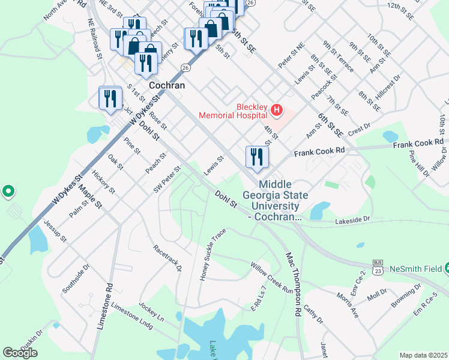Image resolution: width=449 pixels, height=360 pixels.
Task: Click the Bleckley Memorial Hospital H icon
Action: [x=277, y=109]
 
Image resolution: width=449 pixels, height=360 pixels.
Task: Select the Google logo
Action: [x=20, y=352]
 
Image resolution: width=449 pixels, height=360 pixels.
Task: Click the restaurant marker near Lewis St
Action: [x=257, y=157]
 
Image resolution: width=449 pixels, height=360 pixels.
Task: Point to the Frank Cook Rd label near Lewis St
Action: [x=319, y=154]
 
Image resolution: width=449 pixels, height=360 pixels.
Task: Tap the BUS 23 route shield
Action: [x=378, y=266]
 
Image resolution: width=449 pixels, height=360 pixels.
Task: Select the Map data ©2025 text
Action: [x=424, y=355]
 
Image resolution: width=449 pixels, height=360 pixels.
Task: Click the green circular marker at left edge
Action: [x=8, y=191]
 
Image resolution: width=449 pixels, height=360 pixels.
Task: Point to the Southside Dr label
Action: [x=76, y=278]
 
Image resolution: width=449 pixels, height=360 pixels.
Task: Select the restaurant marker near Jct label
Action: [x=110, y=98]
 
